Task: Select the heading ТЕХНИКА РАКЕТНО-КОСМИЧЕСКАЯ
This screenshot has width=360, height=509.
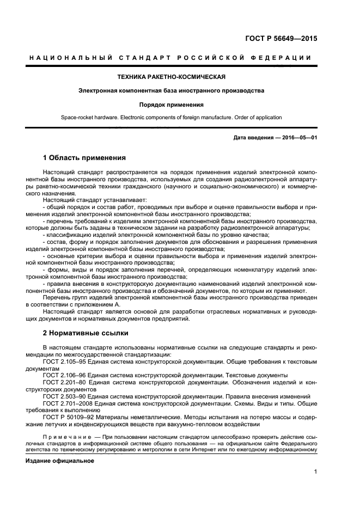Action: point(171,77)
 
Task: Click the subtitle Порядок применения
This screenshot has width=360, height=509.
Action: point(171,105)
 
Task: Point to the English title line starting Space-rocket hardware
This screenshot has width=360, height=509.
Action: point(171,118)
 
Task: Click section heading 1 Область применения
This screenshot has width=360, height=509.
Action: point(84,158)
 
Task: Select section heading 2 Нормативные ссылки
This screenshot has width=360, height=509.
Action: point(86,332)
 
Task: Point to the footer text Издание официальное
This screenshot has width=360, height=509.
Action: point(60,461)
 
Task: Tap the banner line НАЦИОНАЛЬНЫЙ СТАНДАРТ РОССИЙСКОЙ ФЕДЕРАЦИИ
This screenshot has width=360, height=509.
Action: point(171,58)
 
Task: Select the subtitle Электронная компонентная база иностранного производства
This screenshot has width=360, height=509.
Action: point(171,90)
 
